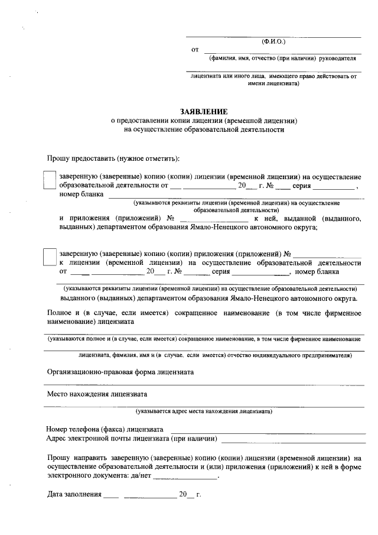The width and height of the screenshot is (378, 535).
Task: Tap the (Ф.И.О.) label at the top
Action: point(273,41)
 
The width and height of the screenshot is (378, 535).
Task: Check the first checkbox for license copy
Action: point(50,180)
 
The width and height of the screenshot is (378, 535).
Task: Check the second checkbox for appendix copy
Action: point(50,258)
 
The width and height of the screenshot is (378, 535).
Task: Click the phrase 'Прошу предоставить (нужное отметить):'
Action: point(114,158)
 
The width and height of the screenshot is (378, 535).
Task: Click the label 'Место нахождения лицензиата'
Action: point(97,393)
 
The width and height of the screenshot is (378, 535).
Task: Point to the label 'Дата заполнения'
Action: point(73,494)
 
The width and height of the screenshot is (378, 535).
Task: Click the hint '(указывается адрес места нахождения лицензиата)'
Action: point(203,410)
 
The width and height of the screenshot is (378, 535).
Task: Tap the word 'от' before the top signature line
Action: point(195,50)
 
